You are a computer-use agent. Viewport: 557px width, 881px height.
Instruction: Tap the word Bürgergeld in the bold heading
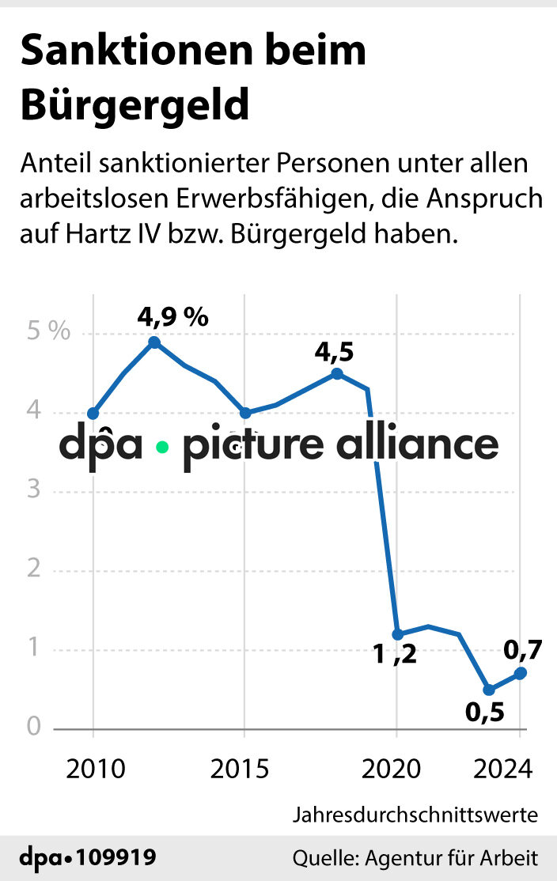click(135, 105)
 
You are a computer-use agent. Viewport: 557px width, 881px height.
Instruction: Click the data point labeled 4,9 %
click(154, 342)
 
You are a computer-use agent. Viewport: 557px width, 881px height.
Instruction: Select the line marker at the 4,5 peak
click(337, 374)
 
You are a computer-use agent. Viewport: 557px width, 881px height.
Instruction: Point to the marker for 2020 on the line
click(397, 634)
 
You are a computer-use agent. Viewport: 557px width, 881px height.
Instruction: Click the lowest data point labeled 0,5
click(489, 690)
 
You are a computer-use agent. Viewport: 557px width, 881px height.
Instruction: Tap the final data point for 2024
click(520, 673)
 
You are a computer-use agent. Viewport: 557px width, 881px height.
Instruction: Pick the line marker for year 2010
click(93, 413)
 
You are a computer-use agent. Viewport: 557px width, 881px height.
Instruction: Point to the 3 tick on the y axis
click(33, 490)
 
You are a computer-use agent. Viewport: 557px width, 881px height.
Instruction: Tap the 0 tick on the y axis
click(33, 726)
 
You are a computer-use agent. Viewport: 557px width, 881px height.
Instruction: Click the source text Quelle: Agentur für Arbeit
click(415, 857)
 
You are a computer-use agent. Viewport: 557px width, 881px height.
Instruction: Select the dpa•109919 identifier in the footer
click(88, 857)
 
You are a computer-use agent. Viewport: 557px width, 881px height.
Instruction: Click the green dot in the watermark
click(162, 447)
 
